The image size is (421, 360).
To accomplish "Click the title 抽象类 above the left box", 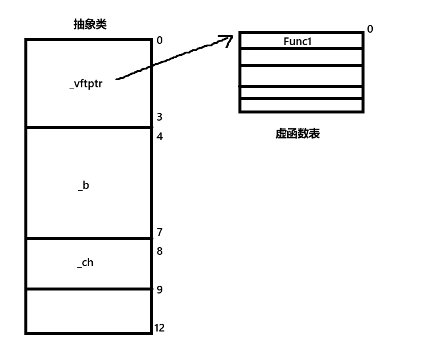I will tap(90, 24).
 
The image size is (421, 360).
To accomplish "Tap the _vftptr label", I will tap(86, 84).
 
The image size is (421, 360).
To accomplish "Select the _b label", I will tap(84, 185).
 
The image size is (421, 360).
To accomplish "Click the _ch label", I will tap(85, 262).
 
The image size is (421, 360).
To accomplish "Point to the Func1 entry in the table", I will tap(298, 42).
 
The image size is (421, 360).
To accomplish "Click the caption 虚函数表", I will tap(297, 134).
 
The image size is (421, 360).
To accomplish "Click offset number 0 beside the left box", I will tap(159, 40).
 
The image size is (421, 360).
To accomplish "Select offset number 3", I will tap(159, 117).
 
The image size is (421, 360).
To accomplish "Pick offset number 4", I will tap(159, 137).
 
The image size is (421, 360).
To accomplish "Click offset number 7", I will tap(159, 232).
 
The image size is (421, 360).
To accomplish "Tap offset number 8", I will tap(159, 251).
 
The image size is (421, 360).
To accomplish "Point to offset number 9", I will tap(159, 290).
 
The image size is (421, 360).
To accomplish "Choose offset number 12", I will tap(159, 328).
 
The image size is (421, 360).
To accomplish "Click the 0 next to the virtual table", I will tap(370, 29).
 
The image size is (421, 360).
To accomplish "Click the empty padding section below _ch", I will tap(88, 311).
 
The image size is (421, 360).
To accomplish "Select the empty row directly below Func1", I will tap(301, 57).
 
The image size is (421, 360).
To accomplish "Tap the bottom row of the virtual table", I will tap(301, 105).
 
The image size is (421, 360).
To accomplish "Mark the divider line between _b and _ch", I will tap(88, 239).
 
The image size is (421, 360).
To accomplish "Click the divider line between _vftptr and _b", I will tap(88, 127).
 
